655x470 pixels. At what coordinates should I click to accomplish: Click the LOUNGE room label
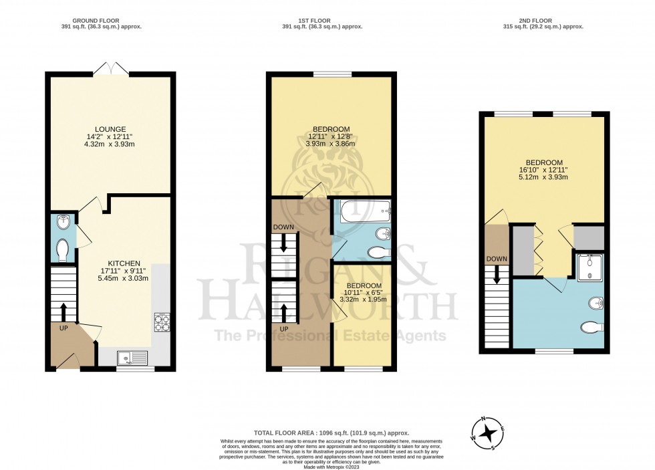pyautogui.click(x=110, y=129)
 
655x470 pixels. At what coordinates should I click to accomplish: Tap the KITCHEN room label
pyautogui.click(x=124, y=263)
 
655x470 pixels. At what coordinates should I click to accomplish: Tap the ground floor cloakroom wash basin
pyautogui.click(x=62, y=221)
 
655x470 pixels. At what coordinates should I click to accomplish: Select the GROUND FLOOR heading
pyautogui.click(x=110, y=19)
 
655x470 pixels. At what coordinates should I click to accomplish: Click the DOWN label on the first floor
pyautogui.click(x=283, y=227)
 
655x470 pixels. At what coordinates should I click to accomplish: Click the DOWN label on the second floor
pyautogui.click(x=497, y=259)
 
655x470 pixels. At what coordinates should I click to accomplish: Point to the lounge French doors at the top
pyautogui.click(x=110, y=68)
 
